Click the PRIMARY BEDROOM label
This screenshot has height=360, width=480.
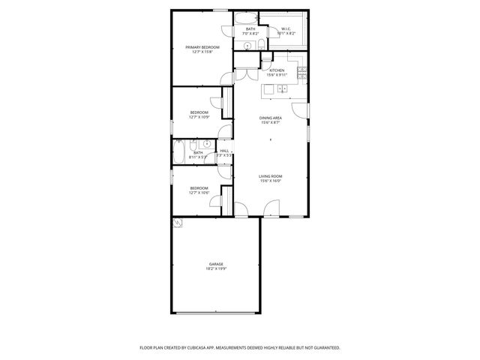(202, 47)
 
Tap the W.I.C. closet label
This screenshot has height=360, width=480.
(286, 29)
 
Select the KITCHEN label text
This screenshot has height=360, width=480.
(277, 70)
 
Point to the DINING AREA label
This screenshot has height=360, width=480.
(271, 118)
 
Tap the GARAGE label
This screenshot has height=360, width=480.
(216, 264)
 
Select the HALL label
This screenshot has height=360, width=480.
(224, 151)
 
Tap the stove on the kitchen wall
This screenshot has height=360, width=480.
(301, 73)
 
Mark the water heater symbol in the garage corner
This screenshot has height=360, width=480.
(177, 222)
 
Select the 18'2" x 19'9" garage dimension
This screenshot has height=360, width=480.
(216, 268)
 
